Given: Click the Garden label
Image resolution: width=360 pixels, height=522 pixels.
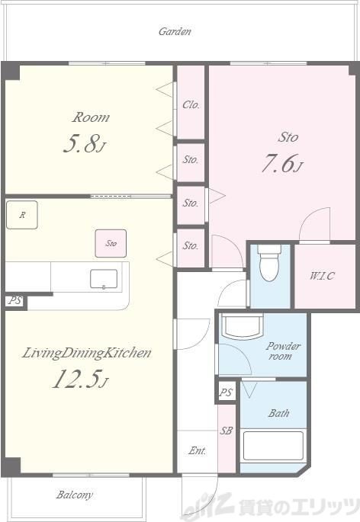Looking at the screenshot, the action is (175, 32).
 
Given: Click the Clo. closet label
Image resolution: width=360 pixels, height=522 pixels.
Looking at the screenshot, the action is (191, 105).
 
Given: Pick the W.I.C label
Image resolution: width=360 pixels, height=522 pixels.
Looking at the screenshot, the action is (322, 276).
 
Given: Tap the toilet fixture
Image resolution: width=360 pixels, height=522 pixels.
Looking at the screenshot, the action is (270, 263).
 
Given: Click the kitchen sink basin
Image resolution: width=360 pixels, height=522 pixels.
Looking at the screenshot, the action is (104, 279).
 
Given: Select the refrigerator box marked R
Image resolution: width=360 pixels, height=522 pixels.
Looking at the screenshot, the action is (22, 215).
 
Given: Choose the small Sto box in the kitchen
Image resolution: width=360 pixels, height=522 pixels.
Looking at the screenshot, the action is (111, 243).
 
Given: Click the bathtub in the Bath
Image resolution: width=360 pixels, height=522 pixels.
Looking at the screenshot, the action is (273, 446).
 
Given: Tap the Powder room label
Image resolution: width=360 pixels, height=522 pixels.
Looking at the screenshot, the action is (283, 351).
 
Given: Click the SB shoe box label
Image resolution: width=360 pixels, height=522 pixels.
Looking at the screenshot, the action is (226, 431).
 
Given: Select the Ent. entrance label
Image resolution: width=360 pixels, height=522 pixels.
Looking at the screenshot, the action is (197, 451).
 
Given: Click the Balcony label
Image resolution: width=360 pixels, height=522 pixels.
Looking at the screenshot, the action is (74, 495).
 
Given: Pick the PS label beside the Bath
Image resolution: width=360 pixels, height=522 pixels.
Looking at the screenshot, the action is (226, 392).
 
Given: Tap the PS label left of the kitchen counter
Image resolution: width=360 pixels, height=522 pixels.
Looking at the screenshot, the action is (15, 300).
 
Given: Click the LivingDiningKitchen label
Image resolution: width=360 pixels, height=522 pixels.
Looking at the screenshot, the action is (87, 353).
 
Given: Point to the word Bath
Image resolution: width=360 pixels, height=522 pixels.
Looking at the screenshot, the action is (278, 413).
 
